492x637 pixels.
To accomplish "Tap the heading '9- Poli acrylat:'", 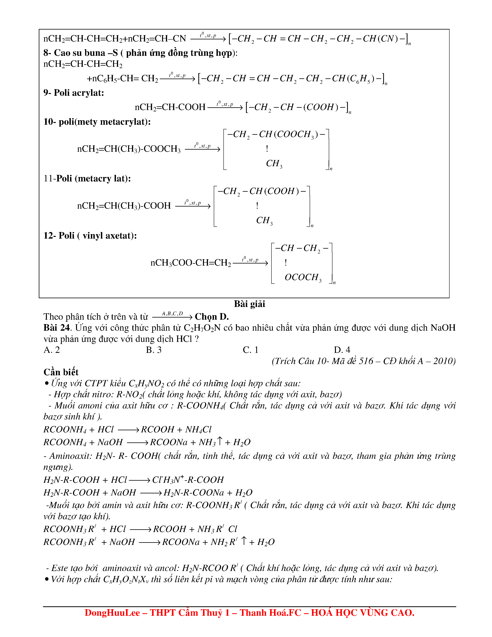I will click(74, 93).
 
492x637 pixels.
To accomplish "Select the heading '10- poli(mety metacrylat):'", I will click(97, 122).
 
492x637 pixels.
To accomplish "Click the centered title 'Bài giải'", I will click(249, 304).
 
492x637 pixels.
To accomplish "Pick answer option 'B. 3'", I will click(154, 350).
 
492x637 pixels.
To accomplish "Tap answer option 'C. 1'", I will click(250, 350).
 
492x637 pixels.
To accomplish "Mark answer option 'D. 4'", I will click(342, 350).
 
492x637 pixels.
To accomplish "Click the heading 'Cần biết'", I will click(61, 372).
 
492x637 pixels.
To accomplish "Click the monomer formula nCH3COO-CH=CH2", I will click(191, 263).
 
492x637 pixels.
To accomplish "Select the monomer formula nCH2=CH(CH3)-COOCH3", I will click(129, 149).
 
